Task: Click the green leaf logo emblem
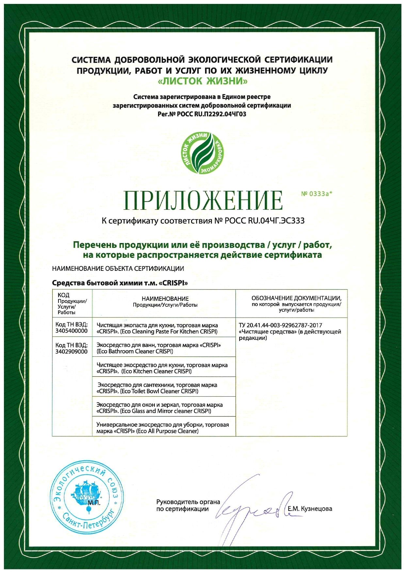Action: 202,153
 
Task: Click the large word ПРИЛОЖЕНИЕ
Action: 203,200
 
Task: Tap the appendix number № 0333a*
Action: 316,194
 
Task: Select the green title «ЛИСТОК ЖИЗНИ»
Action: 202,81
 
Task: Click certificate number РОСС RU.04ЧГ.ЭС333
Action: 265,221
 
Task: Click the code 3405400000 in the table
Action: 72,331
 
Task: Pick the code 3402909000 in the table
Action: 72,352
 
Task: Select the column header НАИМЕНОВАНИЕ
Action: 165,299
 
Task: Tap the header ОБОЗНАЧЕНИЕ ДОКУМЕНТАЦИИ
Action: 296,298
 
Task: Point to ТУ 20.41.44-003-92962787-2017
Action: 281,325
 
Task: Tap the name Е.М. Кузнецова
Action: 310,509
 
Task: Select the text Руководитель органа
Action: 188,502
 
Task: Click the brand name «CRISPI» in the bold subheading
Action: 173,283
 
